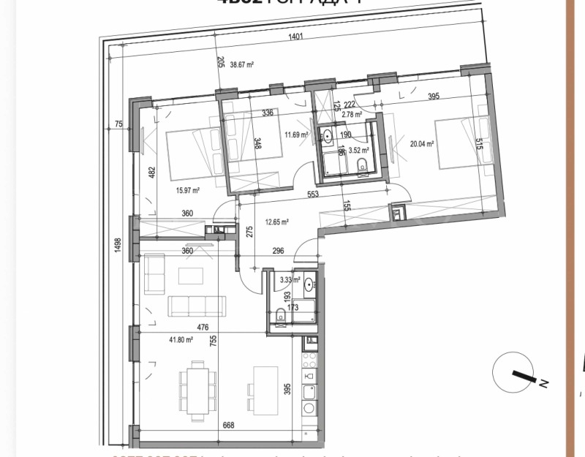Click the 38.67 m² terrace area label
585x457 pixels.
point(241,64)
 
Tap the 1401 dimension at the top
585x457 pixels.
point(295,37)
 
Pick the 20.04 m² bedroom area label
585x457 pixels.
point(422,144)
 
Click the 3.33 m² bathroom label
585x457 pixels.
point(290,279)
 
